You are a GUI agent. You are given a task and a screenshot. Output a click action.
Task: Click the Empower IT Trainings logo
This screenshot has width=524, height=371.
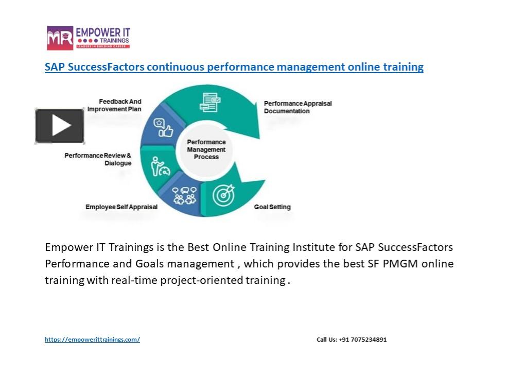pyautogui.click(x=88, y=38)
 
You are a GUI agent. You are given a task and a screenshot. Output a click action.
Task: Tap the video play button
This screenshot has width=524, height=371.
pyautogui.click(x=60, y=126)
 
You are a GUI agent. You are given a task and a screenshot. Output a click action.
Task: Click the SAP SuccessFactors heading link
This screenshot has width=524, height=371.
pyautogui.click(x=234, y=67)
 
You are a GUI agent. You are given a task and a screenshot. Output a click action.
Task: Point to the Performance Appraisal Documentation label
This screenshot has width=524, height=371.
pyautogui.click(x=298, y=107)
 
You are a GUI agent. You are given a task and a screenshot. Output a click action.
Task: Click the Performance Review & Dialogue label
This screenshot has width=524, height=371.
pyautogui.click(x=98, y=159)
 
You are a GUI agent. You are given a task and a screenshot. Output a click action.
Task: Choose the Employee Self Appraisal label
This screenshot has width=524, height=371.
pyautogui.click(x=121, y=207)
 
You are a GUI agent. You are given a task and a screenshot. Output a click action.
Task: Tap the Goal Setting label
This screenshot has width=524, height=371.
pyautogui.click(x=272, y=207)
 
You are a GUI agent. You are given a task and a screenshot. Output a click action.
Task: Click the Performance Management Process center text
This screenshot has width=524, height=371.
pyautogui.click(x=206, y=149)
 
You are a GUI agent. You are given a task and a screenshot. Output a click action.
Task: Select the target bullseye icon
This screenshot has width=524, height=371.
pyautogui.click(x=223, y=195)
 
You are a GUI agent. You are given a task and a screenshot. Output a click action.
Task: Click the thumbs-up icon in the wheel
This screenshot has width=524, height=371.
pyautogui.click(x=163, y=128)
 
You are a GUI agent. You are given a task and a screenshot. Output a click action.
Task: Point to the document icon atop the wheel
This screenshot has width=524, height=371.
pyautogui.click(x=209, y=102)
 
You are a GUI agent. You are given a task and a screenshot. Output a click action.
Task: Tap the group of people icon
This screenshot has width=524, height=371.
pyautogui.click(x=184, y=195)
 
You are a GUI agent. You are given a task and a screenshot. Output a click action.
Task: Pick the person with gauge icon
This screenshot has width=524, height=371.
pyautogui.click(x=160, y=166)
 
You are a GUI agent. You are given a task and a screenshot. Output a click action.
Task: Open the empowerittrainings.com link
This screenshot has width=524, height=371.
pyautogui.click(x=92, y=340)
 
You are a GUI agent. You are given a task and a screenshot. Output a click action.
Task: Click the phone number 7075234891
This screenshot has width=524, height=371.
pyautogui.click(x=369, y=340)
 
